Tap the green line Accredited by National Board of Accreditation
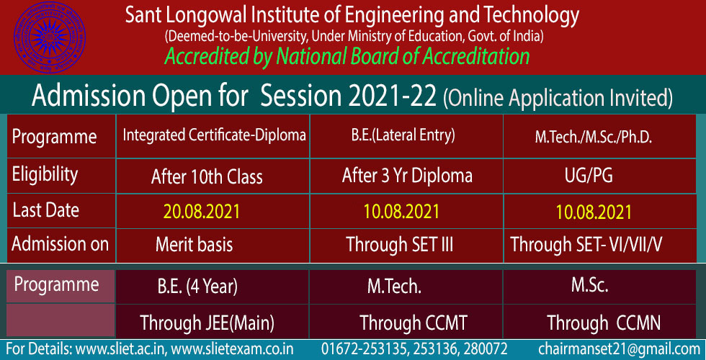point(347,57)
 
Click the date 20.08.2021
point(201,212)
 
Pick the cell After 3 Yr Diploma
point(407,176)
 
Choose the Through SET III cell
point(399,245)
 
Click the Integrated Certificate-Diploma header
point(215,135)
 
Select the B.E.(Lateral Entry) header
point(406,135)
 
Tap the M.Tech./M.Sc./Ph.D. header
point(594,138)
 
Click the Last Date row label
point(45,210)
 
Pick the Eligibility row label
point(45,174)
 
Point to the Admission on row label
point(61,244)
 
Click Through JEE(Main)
point(207,323)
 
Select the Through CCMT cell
point(414,323)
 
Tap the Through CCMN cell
point(604,323)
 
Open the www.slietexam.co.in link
point(233,349)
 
